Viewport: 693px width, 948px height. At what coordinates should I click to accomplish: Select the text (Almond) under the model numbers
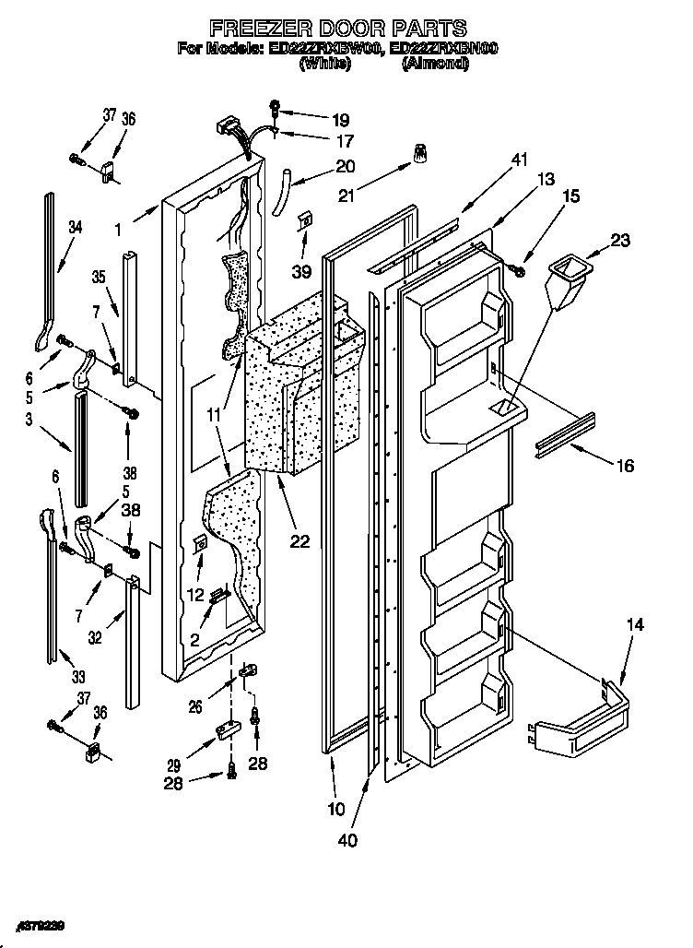[x=436, y=64]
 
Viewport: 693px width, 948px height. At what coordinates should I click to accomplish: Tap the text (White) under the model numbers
[x=323, y=64]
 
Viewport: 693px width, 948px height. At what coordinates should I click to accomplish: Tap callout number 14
[x=636, y=624]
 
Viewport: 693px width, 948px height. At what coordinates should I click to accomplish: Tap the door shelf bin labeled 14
[x=581, y=719]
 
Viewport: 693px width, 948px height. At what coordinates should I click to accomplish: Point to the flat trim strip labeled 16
[x=563, y=433]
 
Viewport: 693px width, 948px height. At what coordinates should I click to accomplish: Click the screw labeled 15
[x=517, y=268]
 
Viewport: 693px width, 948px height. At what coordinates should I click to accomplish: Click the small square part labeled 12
[x=200, y=545]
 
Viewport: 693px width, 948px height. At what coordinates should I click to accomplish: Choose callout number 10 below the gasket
[x=336, y=810]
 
